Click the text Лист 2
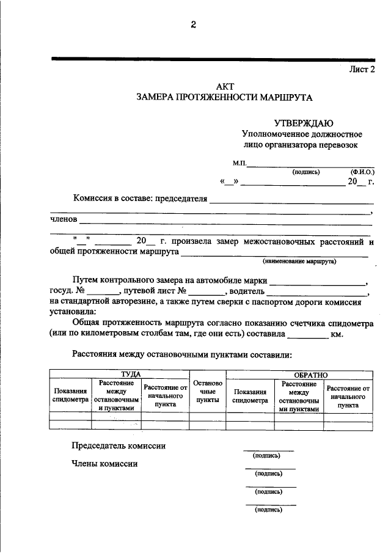[x=361, y=70]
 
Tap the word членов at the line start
[x=64, y=219]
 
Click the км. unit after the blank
[x=337, y=334]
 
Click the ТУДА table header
[x=131, y=374]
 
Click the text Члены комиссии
[x=104, y=464]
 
